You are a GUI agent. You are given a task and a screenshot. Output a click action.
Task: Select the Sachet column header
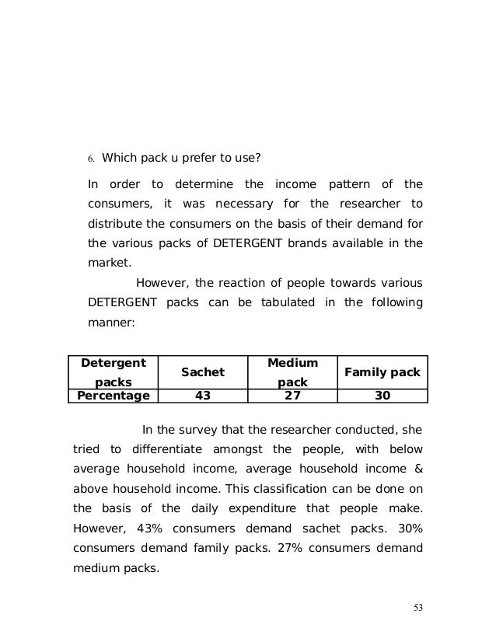click(203, 372)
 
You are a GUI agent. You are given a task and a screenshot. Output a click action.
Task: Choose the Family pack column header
click(382, 372)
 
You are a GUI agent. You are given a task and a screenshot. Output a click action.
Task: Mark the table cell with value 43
click(203, 396)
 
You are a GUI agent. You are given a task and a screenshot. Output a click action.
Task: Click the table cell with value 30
click(382, 396)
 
